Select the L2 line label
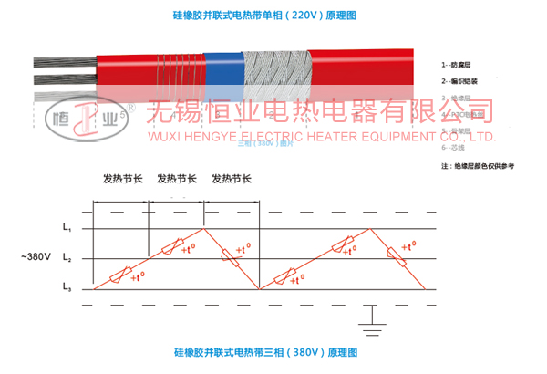(67, 260)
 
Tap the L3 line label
(67, 289)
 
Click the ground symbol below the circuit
(369, 317)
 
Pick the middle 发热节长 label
(177, 180)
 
